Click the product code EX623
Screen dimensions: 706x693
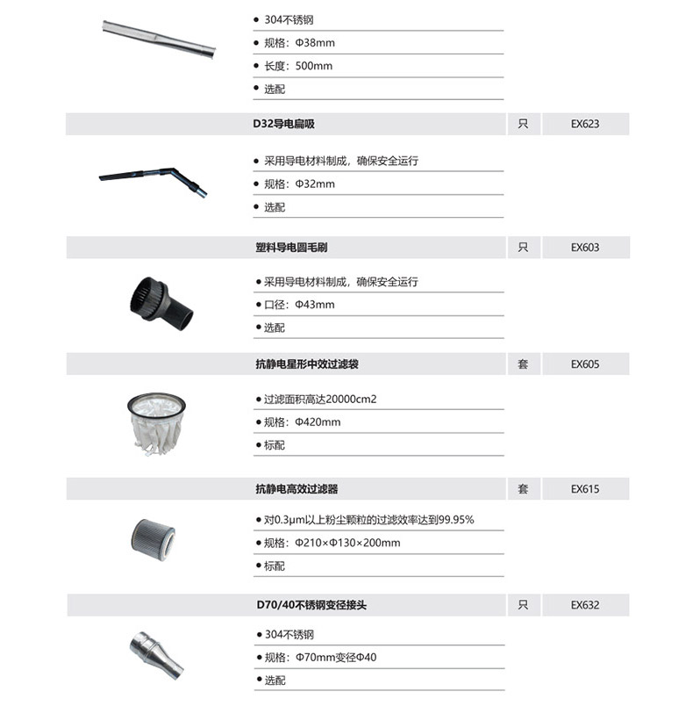(x=585, y=125)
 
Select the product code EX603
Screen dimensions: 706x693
(x=585, y=249)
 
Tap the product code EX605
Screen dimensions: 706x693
(x=585, y=364)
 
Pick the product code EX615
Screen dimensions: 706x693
(x=585, y=489)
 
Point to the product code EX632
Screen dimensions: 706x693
(x=585, y=605)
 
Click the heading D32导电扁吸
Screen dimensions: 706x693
(x=285, y=125)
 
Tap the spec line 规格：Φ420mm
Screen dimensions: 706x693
(x=302, y=422)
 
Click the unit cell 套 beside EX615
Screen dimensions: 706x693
(x=523, y=489)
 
